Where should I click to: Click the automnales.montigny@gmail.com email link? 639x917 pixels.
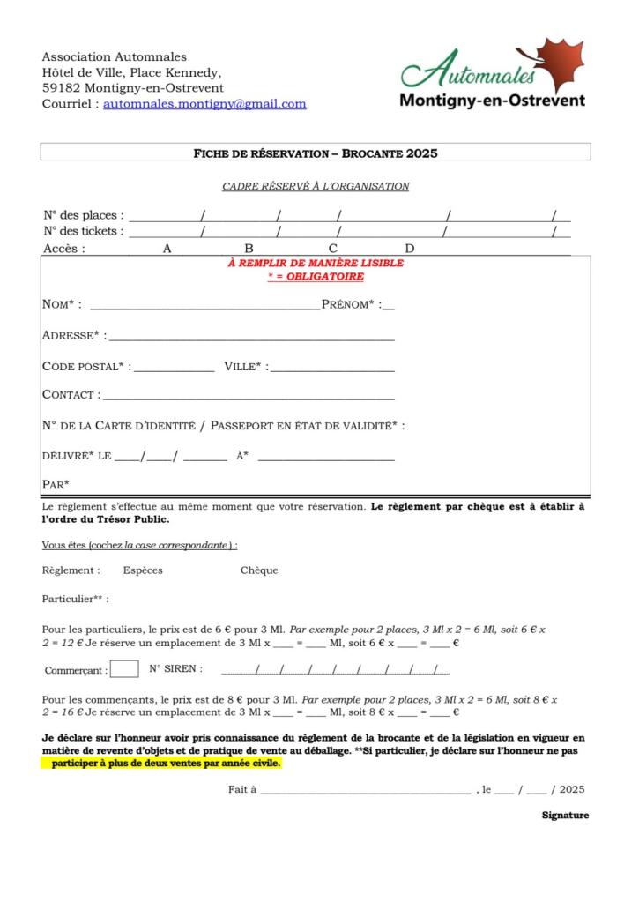click(x=204, y=104)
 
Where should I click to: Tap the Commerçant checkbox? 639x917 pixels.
click(x=124, y=668)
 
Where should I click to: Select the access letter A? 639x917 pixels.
click(x=167, y=249)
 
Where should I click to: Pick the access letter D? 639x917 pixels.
click(x=409, y=249)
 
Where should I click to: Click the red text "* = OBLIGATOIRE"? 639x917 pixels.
click(x=316, y=277)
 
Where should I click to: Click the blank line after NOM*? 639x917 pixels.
click(x=204, y=307)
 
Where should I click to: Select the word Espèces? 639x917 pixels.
click(x=143, y=570)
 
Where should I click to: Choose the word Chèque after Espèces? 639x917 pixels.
click(x=259, y=570)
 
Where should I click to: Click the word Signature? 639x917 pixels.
click(x=565, y=816)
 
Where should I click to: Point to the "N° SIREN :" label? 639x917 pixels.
click(x=176, y=668)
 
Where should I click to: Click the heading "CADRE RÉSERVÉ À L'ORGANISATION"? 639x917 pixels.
click(x=316, y=186)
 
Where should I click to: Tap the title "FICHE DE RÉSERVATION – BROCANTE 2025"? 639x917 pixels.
click(x=316, y=153)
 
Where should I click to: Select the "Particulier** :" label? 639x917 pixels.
click(x=76, y=600)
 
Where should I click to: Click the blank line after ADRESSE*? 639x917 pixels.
click(x=250, y=338)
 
